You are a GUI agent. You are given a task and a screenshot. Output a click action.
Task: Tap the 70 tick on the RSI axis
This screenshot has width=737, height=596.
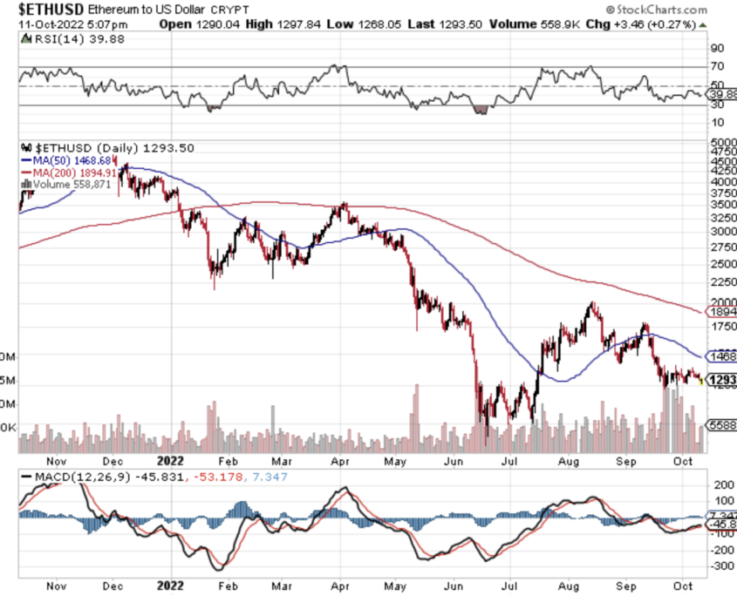click(718, 67)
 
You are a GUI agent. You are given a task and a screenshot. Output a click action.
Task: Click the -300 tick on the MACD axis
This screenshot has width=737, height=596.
click(720, 566)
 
